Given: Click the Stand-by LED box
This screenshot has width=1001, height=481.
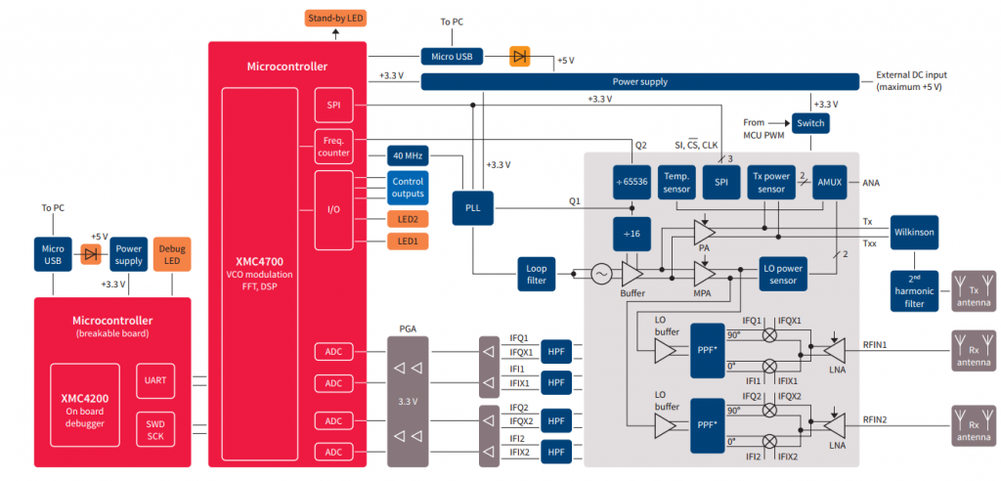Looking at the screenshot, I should pos(336,19).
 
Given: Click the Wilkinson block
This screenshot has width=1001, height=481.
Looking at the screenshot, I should pos(914,233).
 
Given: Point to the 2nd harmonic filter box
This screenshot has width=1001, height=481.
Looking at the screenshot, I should pos(914,290).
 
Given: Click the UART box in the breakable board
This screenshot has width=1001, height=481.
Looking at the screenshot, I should pos(152,379).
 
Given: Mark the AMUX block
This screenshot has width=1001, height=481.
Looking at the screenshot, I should pos(829,182).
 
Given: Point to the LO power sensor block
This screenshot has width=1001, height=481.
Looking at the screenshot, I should pos(784,275).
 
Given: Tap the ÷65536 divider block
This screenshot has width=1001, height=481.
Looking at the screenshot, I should pos(632,182).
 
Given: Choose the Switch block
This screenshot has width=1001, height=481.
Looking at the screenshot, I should pos(810,123).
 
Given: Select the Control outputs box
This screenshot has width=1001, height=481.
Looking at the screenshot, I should pos(407,188).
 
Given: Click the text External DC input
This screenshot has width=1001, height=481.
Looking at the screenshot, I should pos(910,74).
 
